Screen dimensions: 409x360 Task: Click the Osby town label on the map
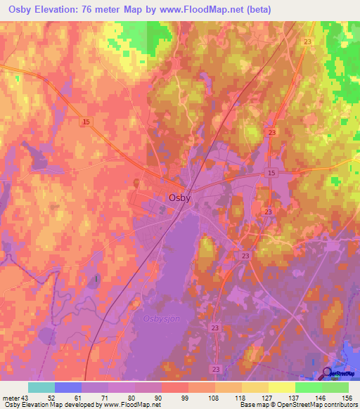(x=179, y=198)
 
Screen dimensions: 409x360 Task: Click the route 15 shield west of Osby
(x=86, y=122)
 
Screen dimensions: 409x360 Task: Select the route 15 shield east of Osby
(x=271, y=173)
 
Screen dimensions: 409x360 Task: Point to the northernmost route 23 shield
(x=307, y=42)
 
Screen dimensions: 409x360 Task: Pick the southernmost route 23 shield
(x=215, y=368)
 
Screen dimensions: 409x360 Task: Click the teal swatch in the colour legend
(x=41, y=387)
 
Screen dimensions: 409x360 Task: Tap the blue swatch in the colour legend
(x=67, y=387)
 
